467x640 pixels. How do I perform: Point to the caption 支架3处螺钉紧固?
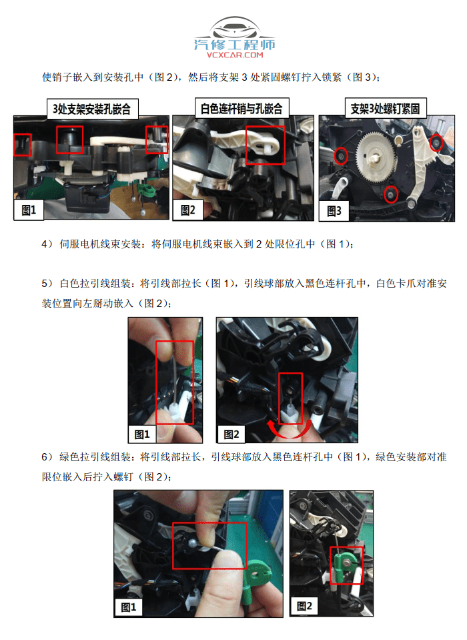pos(388,108)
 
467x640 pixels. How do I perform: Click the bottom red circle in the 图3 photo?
pos(392,195)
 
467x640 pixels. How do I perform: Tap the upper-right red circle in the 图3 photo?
pos(436,142)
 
